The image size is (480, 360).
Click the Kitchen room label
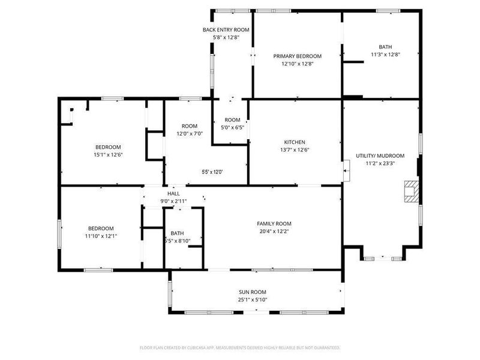295,142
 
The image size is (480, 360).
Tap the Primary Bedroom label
297,56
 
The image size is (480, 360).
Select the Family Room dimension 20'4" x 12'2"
274,231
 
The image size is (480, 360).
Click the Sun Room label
253,292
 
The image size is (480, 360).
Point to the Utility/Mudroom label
380,155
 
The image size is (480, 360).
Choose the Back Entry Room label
226,29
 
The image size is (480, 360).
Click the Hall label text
173,193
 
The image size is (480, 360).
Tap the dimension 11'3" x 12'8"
385,55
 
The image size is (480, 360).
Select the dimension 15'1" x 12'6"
108,155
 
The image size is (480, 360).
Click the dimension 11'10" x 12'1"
101,236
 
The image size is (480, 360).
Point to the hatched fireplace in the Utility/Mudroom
412,191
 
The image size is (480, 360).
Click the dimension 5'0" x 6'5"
232,127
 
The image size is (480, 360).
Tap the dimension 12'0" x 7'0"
190,133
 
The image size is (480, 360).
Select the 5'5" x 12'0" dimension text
212,172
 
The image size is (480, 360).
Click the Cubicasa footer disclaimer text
239,348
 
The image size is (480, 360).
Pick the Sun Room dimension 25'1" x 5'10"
253,299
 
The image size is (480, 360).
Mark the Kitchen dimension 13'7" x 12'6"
295,149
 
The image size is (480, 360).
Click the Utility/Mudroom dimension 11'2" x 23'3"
380,163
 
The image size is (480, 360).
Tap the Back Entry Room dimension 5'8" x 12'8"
226,37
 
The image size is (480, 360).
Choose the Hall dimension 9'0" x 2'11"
173,201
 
